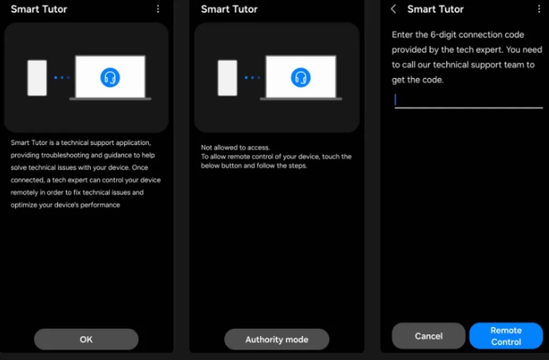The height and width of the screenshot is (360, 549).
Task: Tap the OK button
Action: [x=86, y=339]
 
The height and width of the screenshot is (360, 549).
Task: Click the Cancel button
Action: [x=428, y=336]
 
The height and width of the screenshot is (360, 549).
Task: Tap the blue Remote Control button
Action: [x=506, y=336]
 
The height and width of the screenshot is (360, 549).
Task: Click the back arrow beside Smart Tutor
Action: [x=394, y=9]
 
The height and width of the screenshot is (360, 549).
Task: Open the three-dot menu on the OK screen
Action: [x=158, y=9]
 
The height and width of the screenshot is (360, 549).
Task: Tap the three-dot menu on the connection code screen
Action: [x=539, y=9]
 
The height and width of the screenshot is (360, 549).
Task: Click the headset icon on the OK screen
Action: [x=110, y=77]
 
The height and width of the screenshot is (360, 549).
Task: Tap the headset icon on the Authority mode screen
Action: [x=301, y=77]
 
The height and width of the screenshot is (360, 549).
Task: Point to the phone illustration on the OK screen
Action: [x=37, y=78]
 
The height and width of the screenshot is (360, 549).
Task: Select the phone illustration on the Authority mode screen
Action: [x=227, y=78]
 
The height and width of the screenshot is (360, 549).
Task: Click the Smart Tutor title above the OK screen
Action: [x=39, y=9]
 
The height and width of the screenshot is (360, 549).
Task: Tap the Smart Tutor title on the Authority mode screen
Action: [x=229, y=9]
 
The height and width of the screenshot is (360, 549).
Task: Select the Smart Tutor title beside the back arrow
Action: [x=435, y=9]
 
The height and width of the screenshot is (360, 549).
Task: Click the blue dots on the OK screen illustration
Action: [x=62, y=78]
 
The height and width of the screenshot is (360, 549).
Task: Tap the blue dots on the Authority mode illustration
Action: [x=252, y=78]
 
